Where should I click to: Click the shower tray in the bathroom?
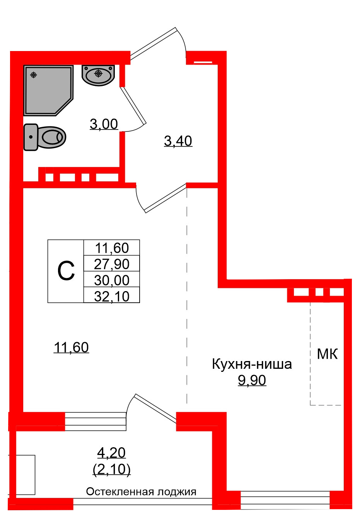[46, 89]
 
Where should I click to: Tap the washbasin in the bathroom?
[98, 75]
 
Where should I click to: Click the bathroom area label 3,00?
[104, 124]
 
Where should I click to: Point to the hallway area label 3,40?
[178, 141]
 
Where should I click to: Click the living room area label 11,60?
[71, 348]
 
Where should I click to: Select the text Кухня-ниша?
[252, 364]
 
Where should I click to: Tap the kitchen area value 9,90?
[252, 380]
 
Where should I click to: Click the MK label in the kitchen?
[327, 354]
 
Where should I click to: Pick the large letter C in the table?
[66, 271]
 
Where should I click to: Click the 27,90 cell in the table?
[112, 264]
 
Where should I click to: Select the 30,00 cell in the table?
[112, 280]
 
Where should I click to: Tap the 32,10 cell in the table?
[112, 296]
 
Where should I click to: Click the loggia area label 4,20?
[111, 452]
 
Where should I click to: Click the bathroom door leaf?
[133, 105]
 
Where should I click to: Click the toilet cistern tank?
[31, 137]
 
